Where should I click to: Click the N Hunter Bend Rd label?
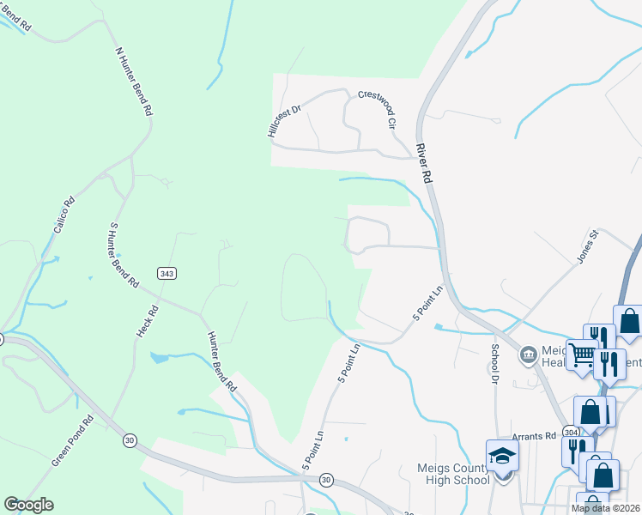coord(135,82)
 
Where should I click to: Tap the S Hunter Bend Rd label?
coord(124,255)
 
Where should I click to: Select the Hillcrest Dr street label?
coord(283,121)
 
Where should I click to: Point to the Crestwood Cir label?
coord(379,110)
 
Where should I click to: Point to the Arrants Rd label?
coord(534,436)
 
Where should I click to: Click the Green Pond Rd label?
coord(71,441)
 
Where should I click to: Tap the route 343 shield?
coord(168,272)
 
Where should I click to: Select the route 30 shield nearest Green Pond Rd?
coord(130,440)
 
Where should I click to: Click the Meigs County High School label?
coord(446,474)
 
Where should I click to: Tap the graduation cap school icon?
coord(502,456)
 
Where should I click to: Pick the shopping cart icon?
coord(582,353)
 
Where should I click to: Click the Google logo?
coord(28,505)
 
